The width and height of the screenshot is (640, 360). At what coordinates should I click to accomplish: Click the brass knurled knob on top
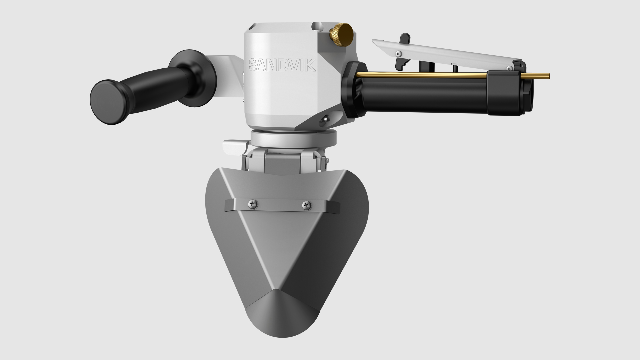(341, 34)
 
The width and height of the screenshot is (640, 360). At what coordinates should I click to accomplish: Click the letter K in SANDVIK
(310, 65)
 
